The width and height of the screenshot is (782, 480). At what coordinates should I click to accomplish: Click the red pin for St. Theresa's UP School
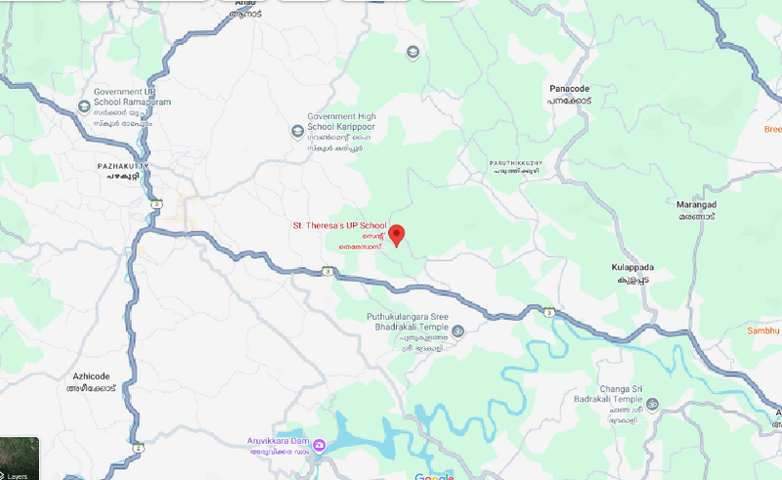[x=397, y=235]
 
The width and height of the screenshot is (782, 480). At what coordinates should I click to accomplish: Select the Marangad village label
[x=697, y=204]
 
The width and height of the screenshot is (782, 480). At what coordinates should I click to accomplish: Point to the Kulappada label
[x=632, y=265]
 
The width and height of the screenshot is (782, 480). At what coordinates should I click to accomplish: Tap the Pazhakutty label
[x=121, y=167]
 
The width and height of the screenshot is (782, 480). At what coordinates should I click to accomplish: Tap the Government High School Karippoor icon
[x=297, y=131]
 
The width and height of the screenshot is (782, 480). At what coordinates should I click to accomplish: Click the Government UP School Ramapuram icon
[x=82, y=105]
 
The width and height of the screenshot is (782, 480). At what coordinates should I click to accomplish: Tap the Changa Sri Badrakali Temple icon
[x=652, y=404]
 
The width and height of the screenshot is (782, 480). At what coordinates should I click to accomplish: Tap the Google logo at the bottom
[x=434, y=476]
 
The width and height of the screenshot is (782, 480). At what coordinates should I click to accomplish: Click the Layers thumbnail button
[x=20, y=459]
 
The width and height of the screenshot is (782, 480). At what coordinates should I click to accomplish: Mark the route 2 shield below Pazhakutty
[x=154, y=201]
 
